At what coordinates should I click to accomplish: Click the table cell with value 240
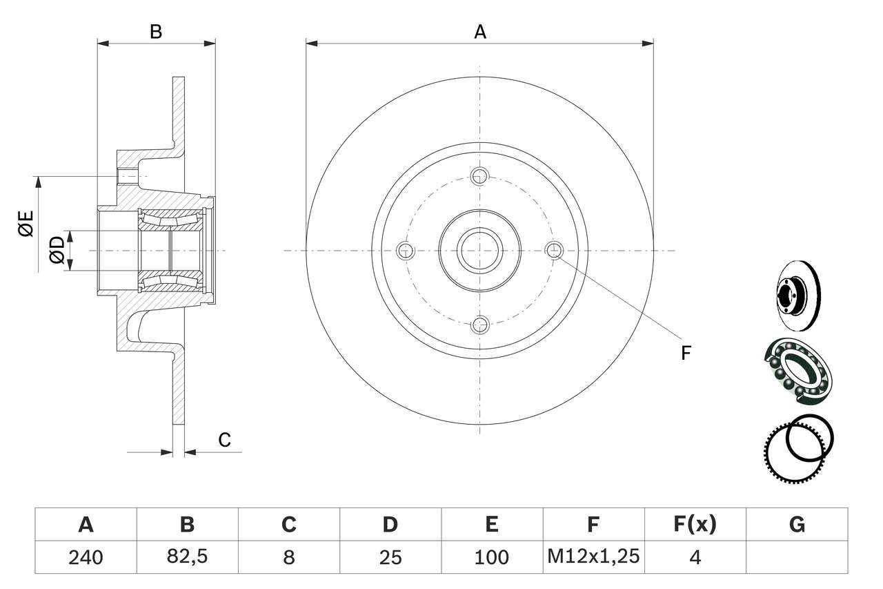(x=86, y=557)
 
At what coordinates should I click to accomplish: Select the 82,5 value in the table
(x=187, y=557)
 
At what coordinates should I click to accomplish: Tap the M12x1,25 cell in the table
(x=594, y=557)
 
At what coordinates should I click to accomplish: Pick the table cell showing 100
(x=492, y=557)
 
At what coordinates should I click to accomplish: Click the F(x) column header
(x=695, y=524)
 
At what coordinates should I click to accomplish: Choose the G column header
(x=797, y=524)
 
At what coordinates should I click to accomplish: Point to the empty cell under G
(x=797, y=557)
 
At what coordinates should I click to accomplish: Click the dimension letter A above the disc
(x=480, y=32)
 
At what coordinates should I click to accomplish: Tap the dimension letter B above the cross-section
(x=156, y=32)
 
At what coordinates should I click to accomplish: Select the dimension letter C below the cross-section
(x=224, y=439)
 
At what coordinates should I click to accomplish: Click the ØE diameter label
(x=26, y=224)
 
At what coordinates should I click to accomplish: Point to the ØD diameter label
(x=57, y=249)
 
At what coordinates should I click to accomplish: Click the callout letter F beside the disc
(x=686, y=353)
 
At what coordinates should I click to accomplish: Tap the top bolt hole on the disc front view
(x=479, y=176)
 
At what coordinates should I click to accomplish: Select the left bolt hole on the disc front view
(x=405, y=251)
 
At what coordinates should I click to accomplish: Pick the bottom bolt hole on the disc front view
(x=480, y=325)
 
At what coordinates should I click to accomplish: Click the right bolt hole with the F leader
(x=554, y=250)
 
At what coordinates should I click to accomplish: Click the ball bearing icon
(x=798, y=371)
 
